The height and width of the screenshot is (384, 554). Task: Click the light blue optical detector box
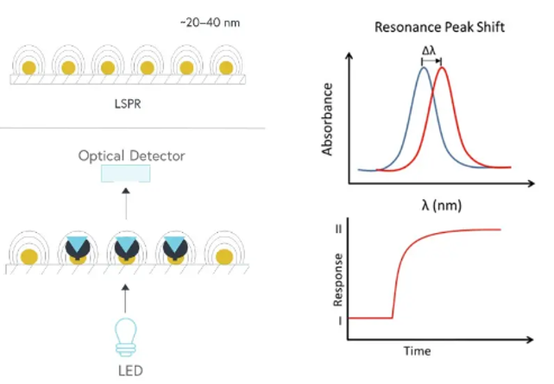[125, 173]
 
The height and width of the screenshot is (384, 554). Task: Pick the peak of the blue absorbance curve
[423, 68]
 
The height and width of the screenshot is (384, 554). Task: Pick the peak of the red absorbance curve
[443, 68]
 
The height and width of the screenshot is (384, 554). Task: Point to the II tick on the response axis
[338, 229]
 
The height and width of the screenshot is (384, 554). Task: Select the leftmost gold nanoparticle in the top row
[28, 68]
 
